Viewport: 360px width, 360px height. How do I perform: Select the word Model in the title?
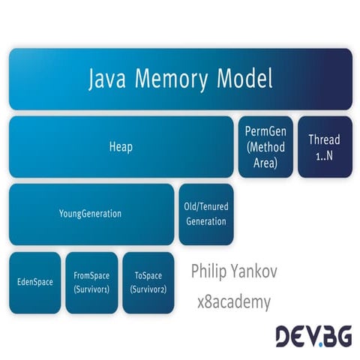(246, 78)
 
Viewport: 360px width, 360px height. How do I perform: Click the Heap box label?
(121, 147)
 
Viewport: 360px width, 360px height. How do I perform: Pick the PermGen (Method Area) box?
(265, 146)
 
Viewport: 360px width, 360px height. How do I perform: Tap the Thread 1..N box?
(324, 146)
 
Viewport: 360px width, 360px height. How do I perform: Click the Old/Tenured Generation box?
(205, 214)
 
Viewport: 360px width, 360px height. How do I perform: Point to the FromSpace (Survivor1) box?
(91, 283)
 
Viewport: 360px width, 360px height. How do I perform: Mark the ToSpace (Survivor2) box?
(148, 283)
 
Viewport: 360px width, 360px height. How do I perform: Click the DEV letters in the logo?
(295, 335)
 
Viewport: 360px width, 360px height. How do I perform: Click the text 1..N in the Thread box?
(324, 153)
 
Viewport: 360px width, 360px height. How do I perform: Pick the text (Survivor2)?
(148, 289)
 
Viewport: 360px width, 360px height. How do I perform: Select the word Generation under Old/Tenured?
(205, 221)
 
